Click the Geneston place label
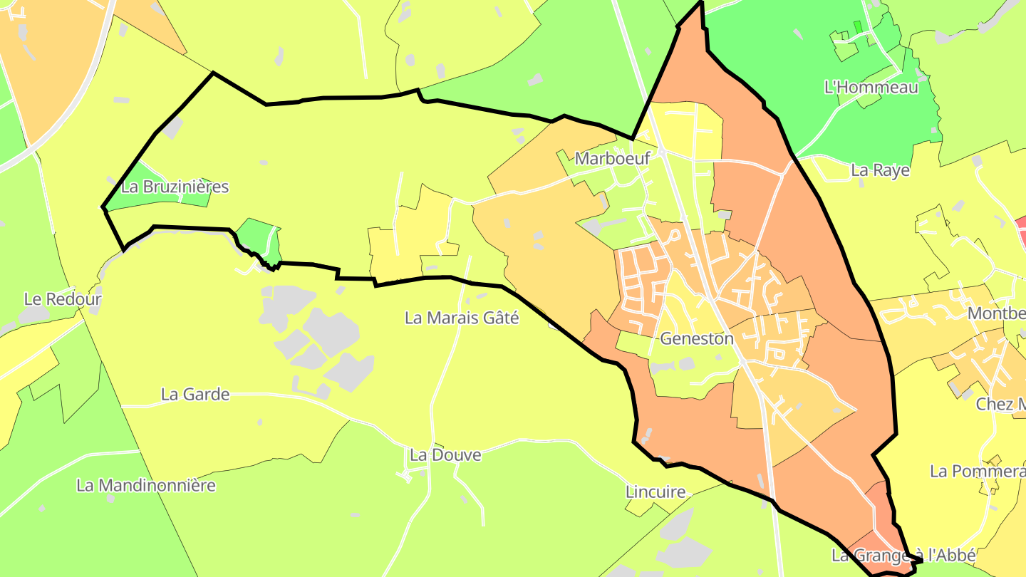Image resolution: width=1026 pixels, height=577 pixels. [x=696, y=338]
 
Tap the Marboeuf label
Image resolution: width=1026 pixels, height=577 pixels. [x=612, y=158]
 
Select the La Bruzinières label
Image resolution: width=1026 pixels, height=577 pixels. [x=175, y=187]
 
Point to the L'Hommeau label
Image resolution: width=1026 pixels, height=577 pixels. [x=871, y=88]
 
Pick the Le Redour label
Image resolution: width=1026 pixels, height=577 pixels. [x=63, y=299]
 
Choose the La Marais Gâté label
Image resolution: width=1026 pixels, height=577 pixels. [x=462, y=318]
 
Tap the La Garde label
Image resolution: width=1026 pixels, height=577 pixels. [x=195, y=394]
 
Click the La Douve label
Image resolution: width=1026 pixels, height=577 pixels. [x=445, y=454]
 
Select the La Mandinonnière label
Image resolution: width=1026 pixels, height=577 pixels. [x=146, y=486]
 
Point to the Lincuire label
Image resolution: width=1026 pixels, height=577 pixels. [x=655, y=492]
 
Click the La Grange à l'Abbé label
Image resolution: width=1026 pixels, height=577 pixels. [x=903, y=555]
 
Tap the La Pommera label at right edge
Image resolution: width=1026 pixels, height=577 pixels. [x=978, y=471]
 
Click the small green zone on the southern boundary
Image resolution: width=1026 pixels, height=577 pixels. [x=261, y=241]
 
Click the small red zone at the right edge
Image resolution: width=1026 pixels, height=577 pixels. [x=1020, y=231]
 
